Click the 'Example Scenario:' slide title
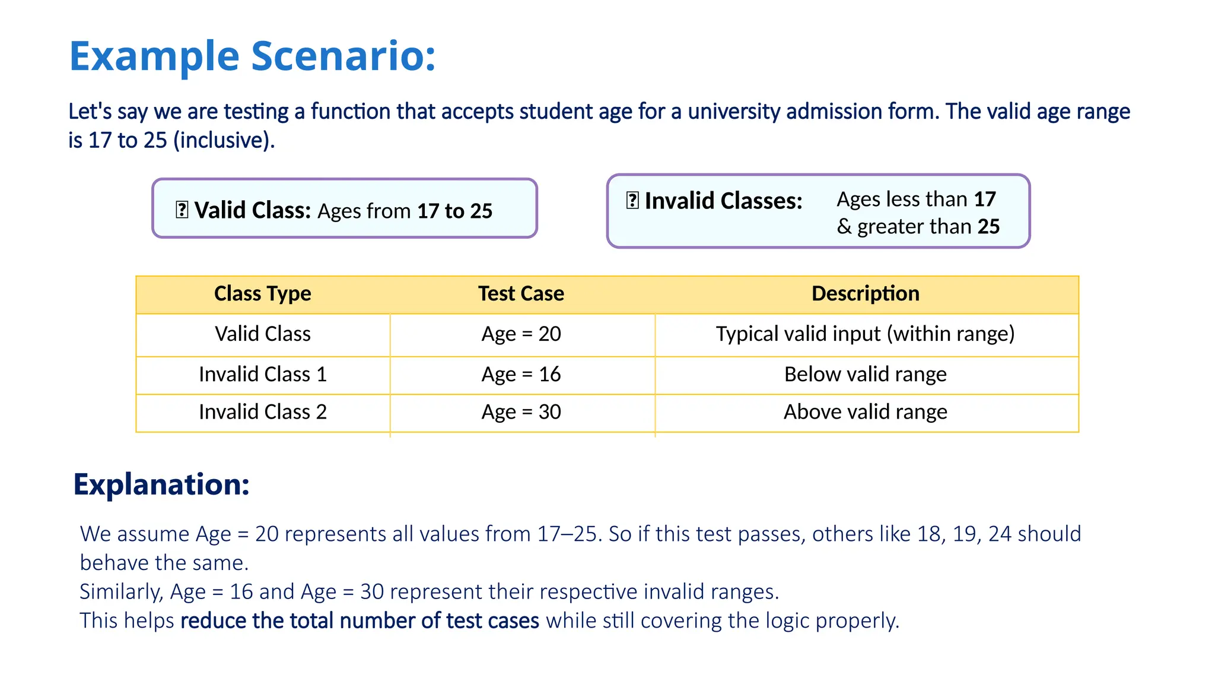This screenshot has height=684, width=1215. pos(252,56)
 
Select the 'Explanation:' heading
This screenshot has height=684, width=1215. pos(161,484)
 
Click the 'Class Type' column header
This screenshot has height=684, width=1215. pos(262,293)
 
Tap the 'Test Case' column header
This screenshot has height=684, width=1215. pos(521,293)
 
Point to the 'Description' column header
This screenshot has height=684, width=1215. pos(865,293)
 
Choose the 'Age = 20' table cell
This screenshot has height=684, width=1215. pos(521,334)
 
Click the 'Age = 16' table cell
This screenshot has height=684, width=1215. pos(521,374)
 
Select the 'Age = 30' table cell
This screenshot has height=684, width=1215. pos(521,411)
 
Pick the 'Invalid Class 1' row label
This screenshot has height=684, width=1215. pos(262,374)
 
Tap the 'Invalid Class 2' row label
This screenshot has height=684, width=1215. pos(262,411)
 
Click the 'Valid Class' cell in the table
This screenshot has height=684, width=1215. pos(262,334)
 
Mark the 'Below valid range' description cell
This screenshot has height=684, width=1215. pos(865,374)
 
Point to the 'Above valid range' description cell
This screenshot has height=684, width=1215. pos(865,411)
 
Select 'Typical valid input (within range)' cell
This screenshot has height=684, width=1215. pos(865,334)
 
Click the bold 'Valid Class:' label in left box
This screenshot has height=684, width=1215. pos(253,210)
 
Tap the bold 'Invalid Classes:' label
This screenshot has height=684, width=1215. pos(723,201)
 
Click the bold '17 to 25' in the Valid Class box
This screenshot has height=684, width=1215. pos(454,211)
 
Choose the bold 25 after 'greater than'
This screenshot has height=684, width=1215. pos(988,226)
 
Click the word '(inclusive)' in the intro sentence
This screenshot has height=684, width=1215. pos(224,140)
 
